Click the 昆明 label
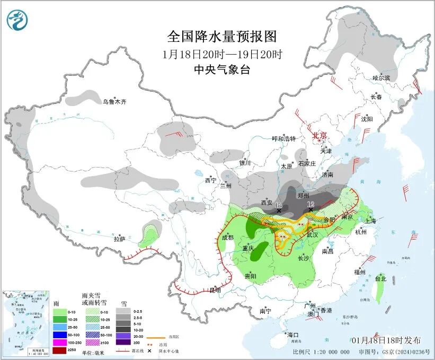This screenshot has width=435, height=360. coord(214,290)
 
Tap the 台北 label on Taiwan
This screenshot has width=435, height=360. coord(380,278)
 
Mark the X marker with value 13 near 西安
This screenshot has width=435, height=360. coord(279,210)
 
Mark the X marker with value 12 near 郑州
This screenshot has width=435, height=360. coord(310,209)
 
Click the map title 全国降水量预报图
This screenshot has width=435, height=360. coord(222,37)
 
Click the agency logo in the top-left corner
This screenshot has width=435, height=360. coord(16,20)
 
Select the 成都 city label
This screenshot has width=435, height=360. coord(228,238)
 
